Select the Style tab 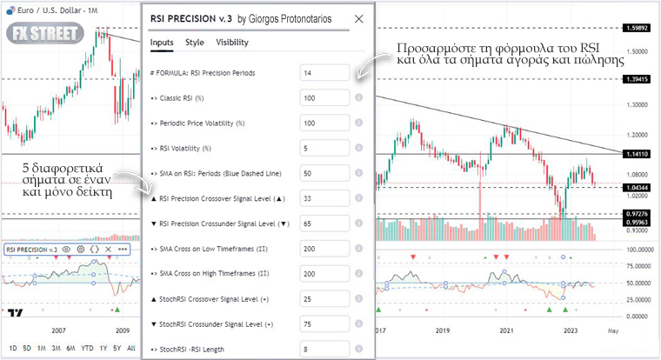(195, 42)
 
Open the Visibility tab (231, 42)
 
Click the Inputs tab (162, 42)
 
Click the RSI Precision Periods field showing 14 (324, 73)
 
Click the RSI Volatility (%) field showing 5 (324, 148)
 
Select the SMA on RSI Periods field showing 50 (324, 173)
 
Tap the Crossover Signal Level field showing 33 (324, 198)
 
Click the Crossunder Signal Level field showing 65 (324, 223)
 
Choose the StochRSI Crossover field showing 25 (324, 299)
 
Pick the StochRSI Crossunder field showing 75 (324, 324)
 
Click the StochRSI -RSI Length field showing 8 (324, 350)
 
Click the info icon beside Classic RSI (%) (358, 98)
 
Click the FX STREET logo (44, 35)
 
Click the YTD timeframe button (86, 348)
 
